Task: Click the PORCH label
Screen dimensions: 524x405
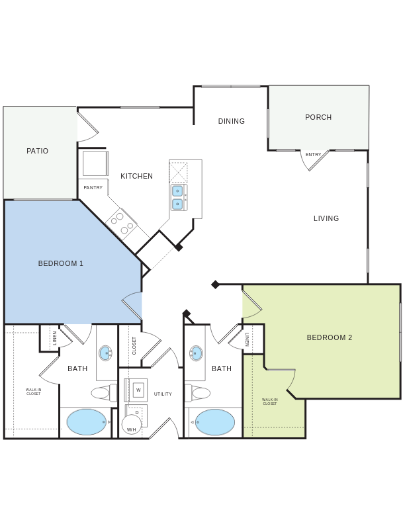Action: click(318, 117)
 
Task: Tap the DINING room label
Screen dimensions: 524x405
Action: click(232, 121)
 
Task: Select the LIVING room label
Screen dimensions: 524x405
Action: click(326, 218)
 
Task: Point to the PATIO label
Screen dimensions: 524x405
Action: click(38, 151)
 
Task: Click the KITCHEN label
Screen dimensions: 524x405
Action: click(137, 176)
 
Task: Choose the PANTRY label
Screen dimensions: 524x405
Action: click(93, 188)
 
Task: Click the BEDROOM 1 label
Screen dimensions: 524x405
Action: click(61, 263)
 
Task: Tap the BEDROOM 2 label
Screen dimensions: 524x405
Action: click(330, 337)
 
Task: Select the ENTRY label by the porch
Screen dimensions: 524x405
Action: click(313, 155)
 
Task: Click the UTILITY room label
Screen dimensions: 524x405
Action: click(163, 394)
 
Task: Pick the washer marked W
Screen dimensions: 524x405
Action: click(138, 390)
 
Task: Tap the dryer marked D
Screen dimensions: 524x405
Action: click(137, 412)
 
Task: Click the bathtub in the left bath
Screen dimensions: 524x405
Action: click(87, 422)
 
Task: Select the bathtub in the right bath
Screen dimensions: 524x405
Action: click(215, 422)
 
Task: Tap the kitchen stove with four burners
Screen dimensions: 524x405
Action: click(122, 224)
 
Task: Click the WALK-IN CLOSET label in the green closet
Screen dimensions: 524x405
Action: click(270, 402)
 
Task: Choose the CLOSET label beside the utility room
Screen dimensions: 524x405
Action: click(134, 345)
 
